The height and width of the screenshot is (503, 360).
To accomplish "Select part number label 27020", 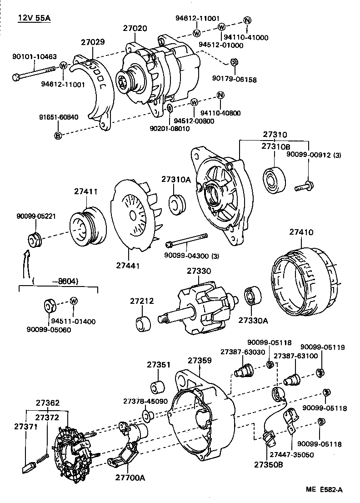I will click(135, 28).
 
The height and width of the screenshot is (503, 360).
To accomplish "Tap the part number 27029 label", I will click(93, 42).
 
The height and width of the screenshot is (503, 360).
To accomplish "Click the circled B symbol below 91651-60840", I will click(58, 135).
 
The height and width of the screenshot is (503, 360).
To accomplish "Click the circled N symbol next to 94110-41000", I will click(247, 20).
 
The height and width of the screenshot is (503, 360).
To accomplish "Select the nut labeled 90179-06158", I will click(233, 63).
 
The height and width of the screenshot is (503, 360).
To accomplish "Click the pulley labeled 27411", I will click(87, 225).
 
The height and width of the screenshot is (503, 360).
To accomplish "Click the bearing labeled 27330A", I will click(252, 297).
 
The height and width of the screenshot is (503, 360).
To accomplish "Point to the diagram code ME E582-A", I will click(324, 489).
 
